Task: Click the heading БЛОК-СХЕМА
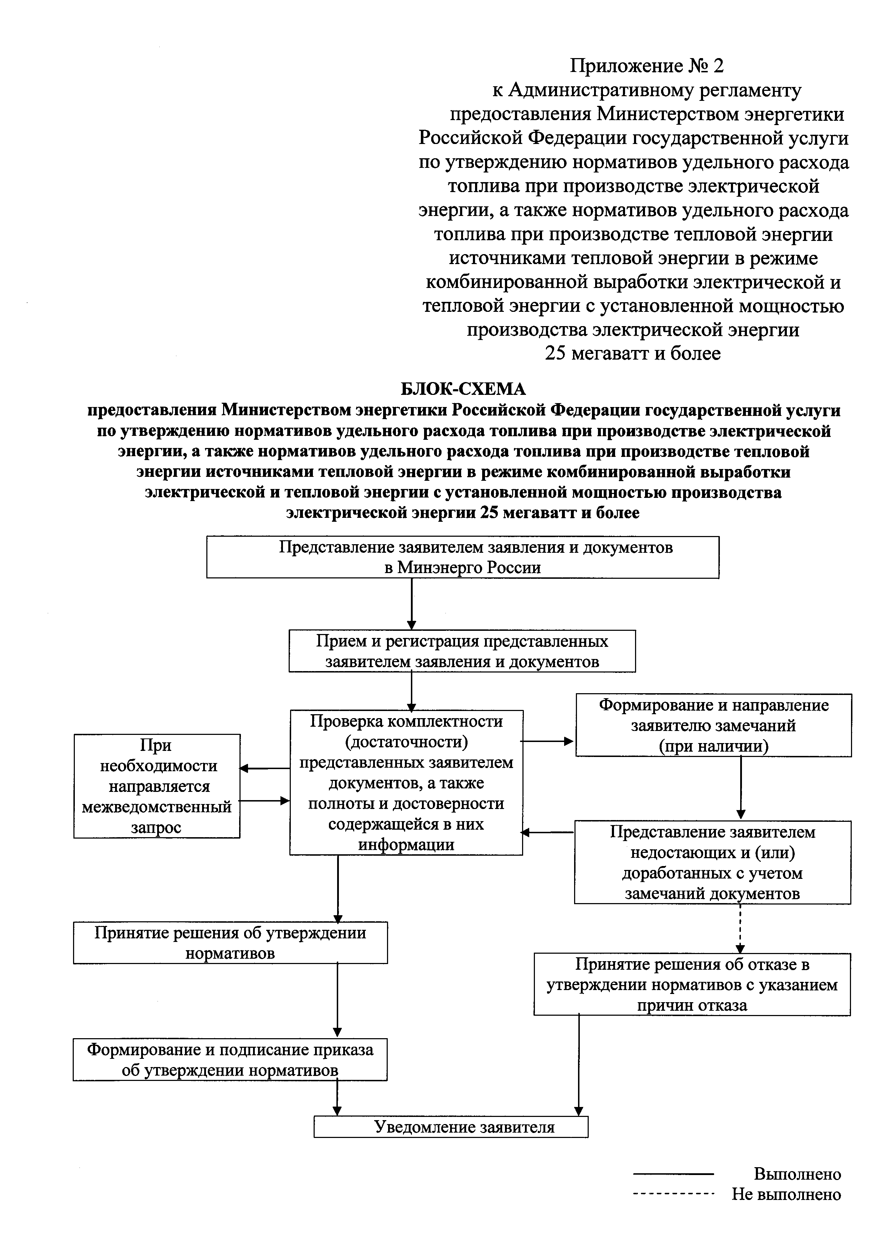[x=463, y=389]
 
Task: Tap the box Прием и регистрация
[x=462, y=651]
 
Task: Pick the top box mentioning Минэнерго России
[x=462, y=557]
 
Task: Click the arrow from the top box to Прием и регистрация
[x=412, y=604]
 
